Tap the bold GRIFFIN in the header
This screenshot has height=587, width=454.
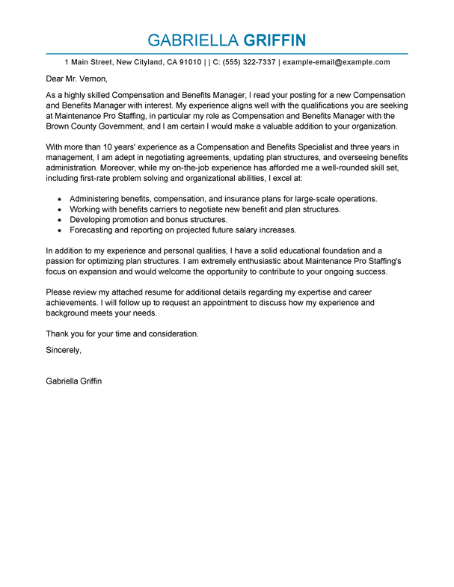(269, 40)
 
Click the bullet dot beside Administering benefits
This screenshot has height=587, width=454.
(59, 200)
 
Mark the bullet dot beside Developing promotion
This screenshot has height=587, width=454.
(59, 221)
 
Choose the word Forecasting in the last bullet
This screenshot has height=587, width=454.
(91, 230)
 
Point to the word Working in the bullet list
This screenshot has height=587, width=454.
(85, 209)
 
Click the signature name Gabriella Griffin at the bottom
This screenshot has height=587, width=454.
(74, 381)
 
